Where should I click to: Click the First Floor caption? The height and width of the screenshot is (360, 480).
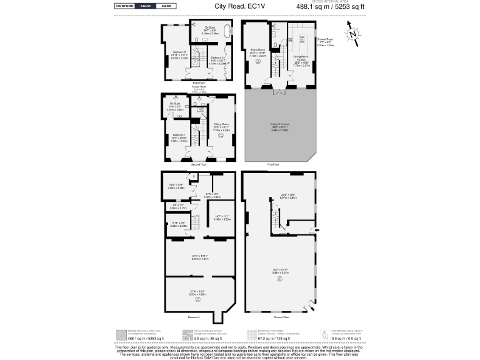tap(273, 165)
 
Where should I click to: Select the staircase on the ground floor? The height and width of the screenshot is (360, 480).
tap(274, 218)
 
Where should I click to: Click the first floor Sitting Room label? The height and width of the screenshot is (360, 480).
tap(257, 52)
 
